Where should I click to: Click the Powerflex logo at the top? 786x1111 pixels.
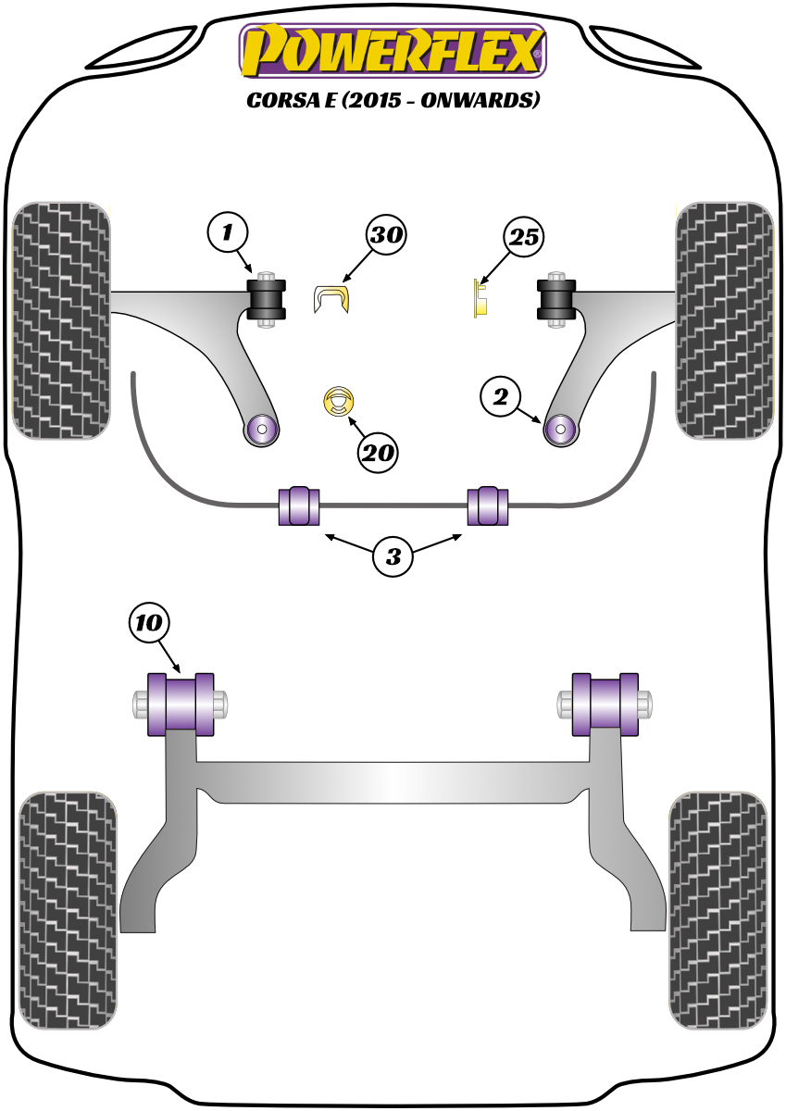[393, 50]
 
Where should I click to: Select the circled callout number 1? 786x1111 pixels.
[227, 231]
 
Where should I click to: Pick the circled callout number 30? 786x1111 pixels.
[385, 235]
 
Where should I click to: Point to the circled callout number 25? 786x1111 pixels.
[523, 238]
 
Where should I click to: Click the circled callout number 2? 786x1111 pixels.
[501, 398]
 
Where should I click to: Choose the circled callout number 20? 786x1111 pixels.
[378, 453]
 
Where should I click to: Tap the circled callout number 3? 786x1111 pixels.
[394, 556]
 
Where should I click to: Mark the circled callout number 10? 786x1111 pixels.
[151, 623]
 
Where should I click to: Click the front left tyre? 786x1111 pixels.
[60, 319]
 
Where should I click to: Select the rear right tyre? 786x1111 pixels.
[719, 909]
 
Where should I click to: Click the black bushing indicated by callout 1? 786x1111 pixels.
[267, 297]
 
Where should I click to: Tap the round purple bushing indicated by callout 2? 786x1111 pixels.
[559, 429]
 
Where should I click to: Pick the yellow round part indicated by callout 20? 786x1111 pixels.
[340, 402]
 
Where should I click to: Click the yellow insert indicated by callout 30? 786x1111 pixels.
[333, 300]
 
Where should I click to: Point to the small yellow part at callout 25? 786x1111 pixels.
[480, 299]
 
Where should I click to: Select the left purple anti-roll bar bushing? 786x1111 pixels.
[298, 504]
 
